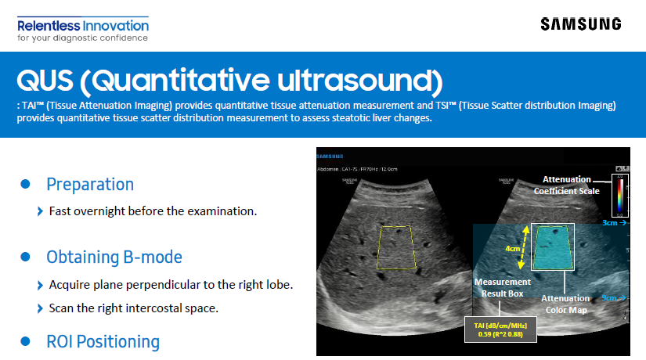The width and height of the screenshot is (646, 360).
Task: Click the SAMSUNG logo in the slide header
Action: coord(580,23)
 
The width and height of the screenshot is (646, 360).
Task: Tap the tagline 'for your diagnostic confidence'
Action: coord(82,38)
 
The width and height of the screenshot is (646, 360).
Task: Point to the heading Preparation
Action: coord(90,185)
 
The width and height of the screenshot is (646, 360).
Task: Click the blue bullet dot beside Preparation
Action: coord(25,185)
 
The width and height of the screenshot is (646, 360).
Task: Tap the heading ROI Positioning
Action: coord(103,342)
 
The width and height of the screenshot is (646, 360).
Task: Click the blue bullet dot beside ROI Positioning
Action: coord(25,342)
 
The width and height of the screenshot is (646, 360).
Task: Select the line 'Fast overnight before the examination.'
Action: coord(153,211)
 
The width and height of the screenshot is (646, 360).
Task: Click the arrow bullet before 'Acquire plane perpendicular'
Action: coord(41,284)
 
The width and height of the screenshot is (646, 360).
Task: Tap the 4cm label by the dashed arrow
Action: coord(512,249)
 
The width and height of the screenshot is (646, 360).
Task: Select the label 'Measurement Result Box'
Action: coord(502,288)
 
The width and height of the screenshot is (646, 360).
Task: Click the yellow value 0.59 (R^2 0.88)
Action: coord(501,334)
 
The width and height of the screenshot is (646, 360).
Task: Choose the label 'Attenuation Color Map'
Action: coord(565,304)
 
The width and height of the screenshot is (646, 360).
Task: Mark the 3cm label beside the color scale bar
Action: coord(613,223)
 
